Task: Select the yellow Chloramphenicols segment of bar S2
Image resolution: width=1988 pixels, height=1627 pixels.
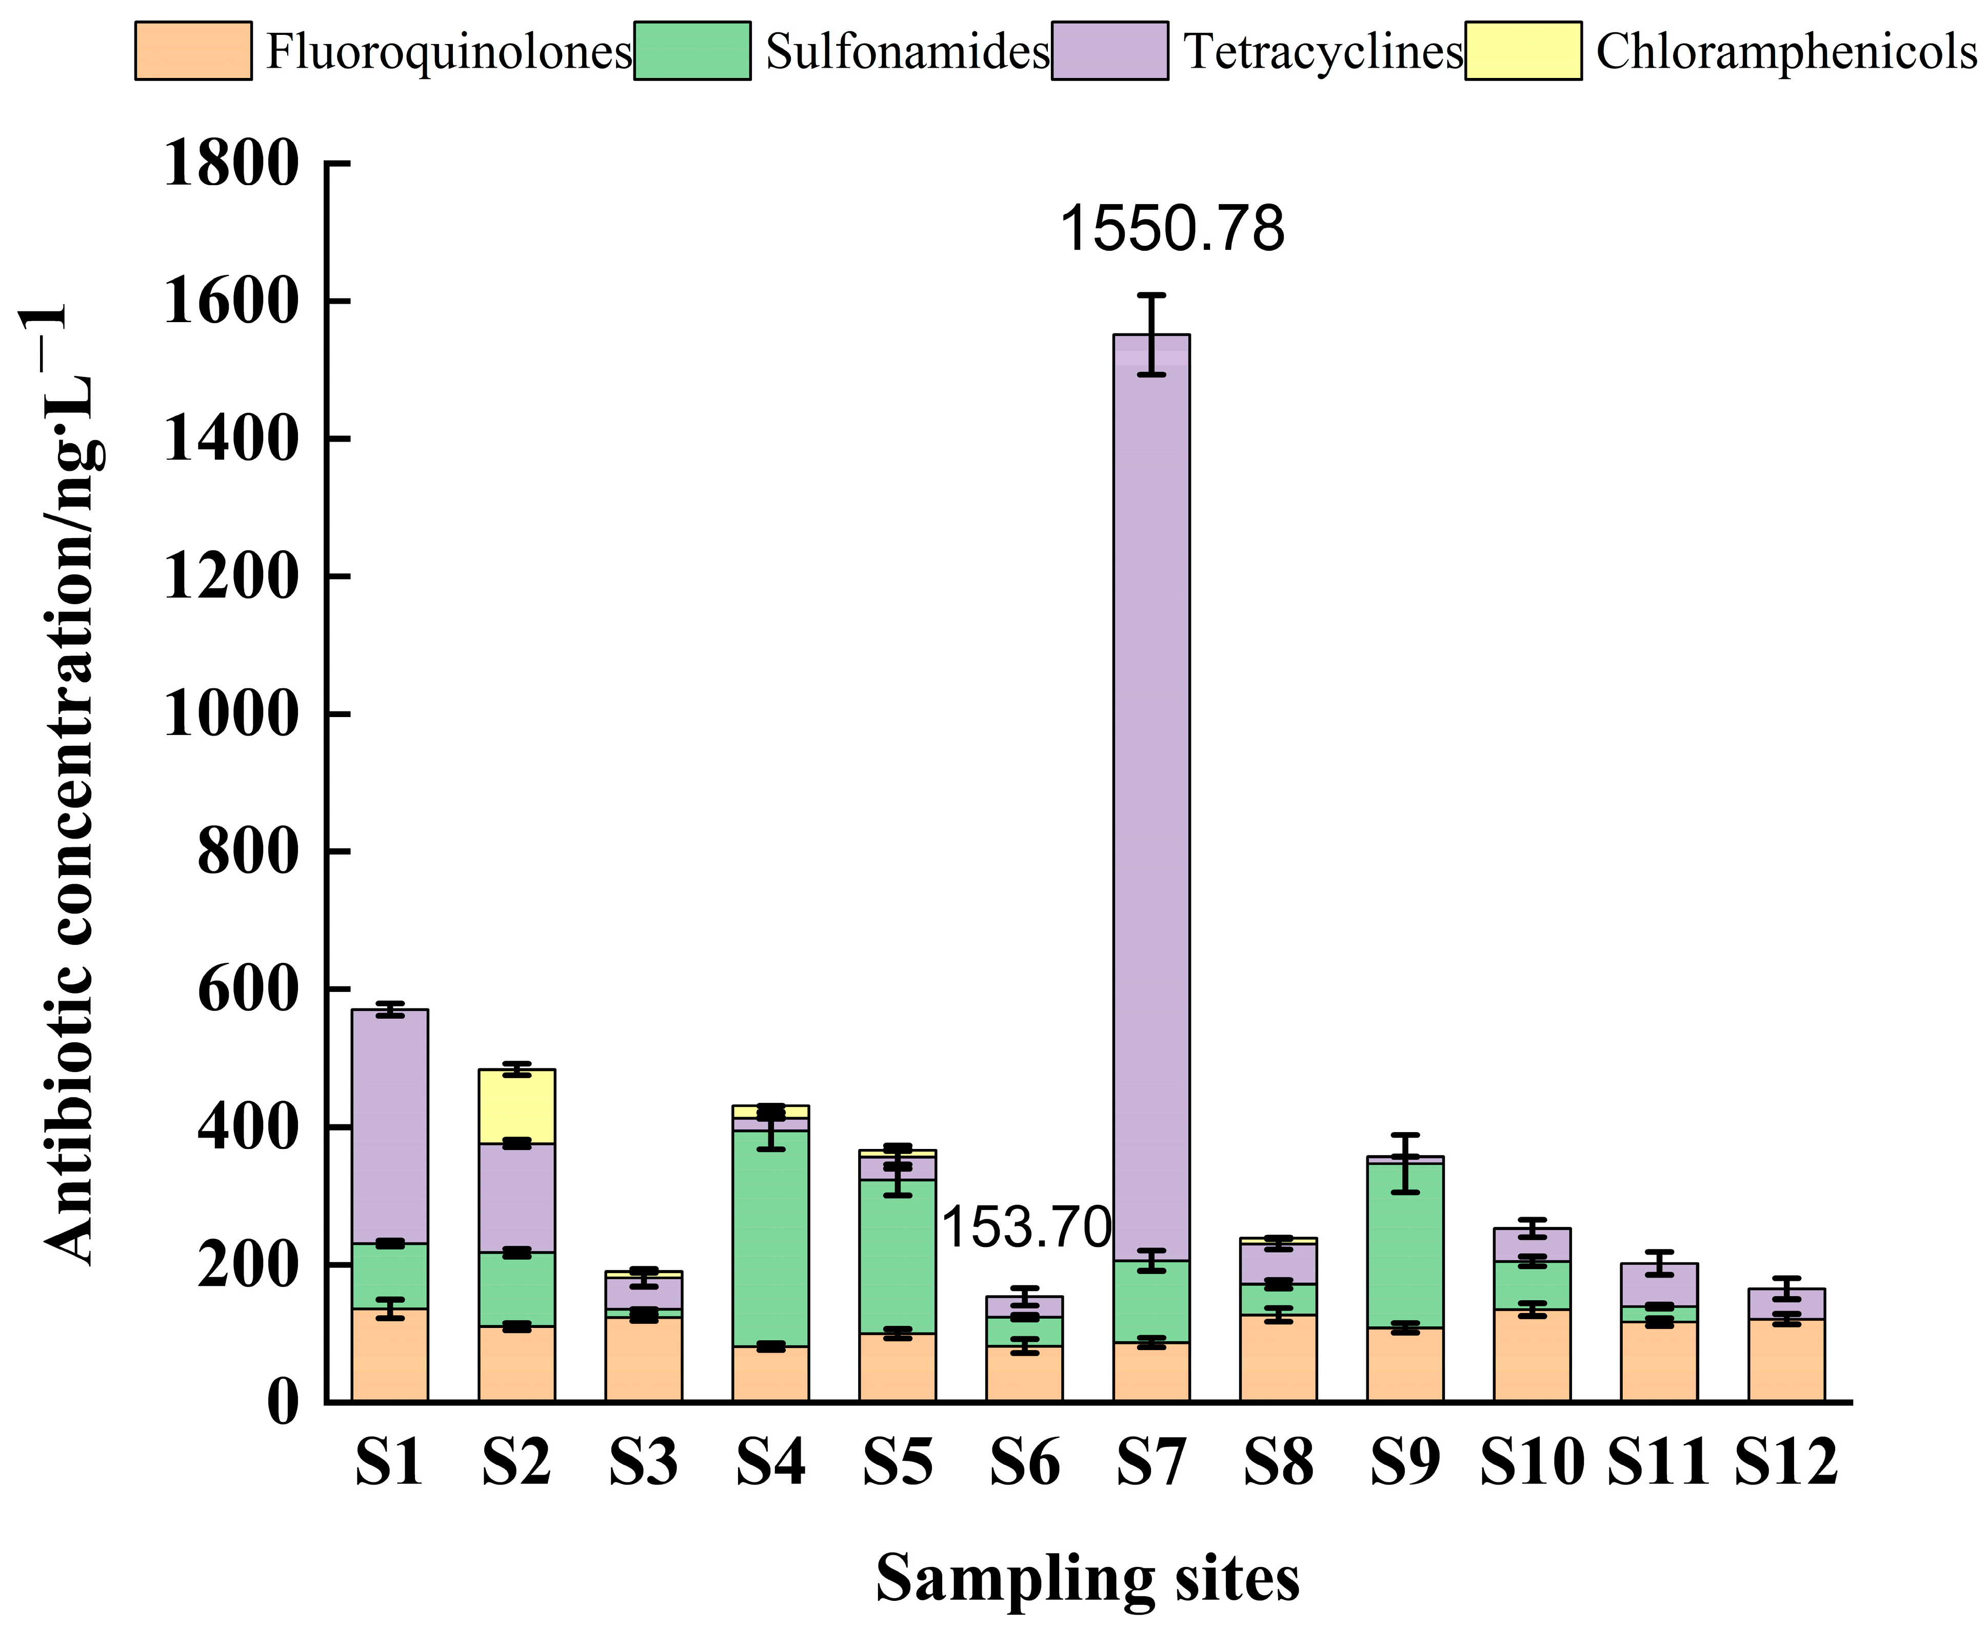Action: pos(516,1106)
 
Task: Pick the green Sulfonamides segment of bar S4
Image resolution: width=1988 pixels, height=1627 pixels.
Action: pos(770,1237)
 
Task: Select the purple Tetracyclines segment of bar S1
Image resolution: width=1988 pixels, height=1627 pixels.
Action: pos(390,1125)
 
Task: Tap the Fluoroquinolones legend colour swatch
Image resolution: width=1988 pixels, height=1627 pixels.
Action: pos(193,51)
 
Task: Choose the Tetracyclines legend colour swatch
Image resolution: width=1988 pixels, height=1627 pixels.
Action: pos(1110,51)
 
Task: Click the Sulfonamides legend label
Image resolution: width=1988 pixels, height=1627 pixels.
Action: pos(907,51)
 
